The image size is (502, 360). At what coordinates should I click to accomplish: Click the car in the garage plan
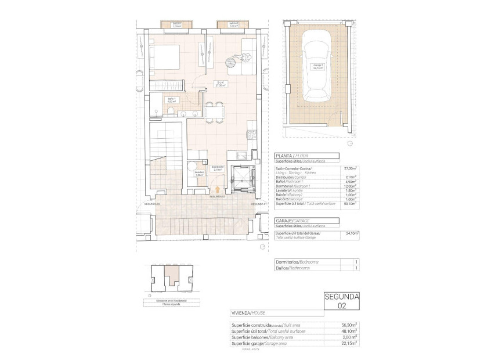point(316,66)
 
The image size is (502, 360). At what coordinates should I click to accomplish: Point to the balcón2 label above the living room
point(234,24)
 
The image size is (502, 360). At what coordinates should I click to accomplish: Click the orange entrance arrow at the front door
point(218,188)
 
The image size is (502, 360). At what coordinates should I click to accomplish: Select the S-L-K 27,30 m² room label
point(221,84)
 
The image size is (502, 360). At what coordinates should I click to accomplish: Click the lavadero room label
point(199,173)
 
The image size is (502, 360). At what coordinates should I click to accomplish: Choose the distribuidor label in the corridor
point(218,169)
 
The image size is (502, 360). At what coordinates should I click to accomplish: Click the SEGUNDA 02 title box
point(342,300)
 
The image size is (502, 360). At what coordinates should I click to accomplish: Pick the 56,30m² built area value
point(350,325)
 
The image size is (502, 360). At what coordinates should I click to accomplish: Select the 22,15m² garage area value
point(350,343)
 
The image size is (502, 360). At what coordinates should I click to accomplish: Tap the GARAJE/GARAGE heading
point(294,221)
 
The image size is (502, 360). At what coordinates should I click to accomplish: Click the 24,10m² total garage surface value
point(352,234)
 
